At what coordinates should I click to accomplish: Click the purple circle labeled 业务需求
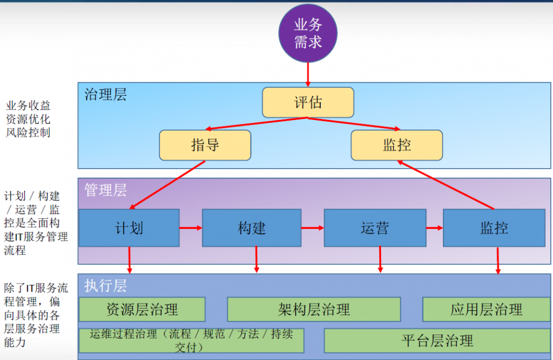pos(308,34)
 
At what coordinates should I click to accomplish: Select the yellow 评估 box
pos(308,102)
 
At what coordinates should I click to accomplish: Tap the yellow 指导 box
pos(205,145)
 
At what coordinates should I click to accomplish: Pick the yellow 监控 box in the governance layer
pos(397,145)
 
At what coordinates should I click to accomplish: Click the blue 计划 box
pos(129,228)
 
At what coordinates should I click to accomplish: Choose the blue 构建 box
pos(252,228)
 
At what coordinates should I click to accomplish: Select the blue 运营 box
pos(375,228)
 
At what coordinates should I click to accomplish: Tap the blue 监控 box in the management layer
pos(494,228)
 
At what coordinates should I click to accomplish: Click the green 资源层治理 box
pos(142,309)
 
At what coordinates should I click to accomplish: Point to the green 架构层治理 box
pos(314,309)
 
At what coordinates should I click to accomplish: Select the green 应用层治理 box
pos(486,309)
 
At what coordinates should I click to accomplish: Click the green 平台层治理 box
pos(437,341)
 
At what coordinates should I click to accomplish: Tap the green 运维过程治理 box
pos(191,341)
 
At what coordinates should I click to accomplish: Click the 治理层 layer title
pos(106,95)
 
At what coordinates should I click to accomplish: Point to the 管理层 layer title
pos(106,190)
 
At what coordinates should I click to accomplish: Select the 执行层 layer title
pos(106,285)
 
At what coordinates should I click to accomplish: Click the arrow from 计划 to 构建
pos(191,228)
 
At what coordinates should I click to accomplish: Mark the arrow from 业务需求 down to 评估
pos(308,75)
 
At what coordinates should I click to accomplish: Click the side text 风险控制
pos(28,133)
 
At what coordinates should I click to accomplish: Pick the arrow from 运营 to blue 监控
pos(435,228)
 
